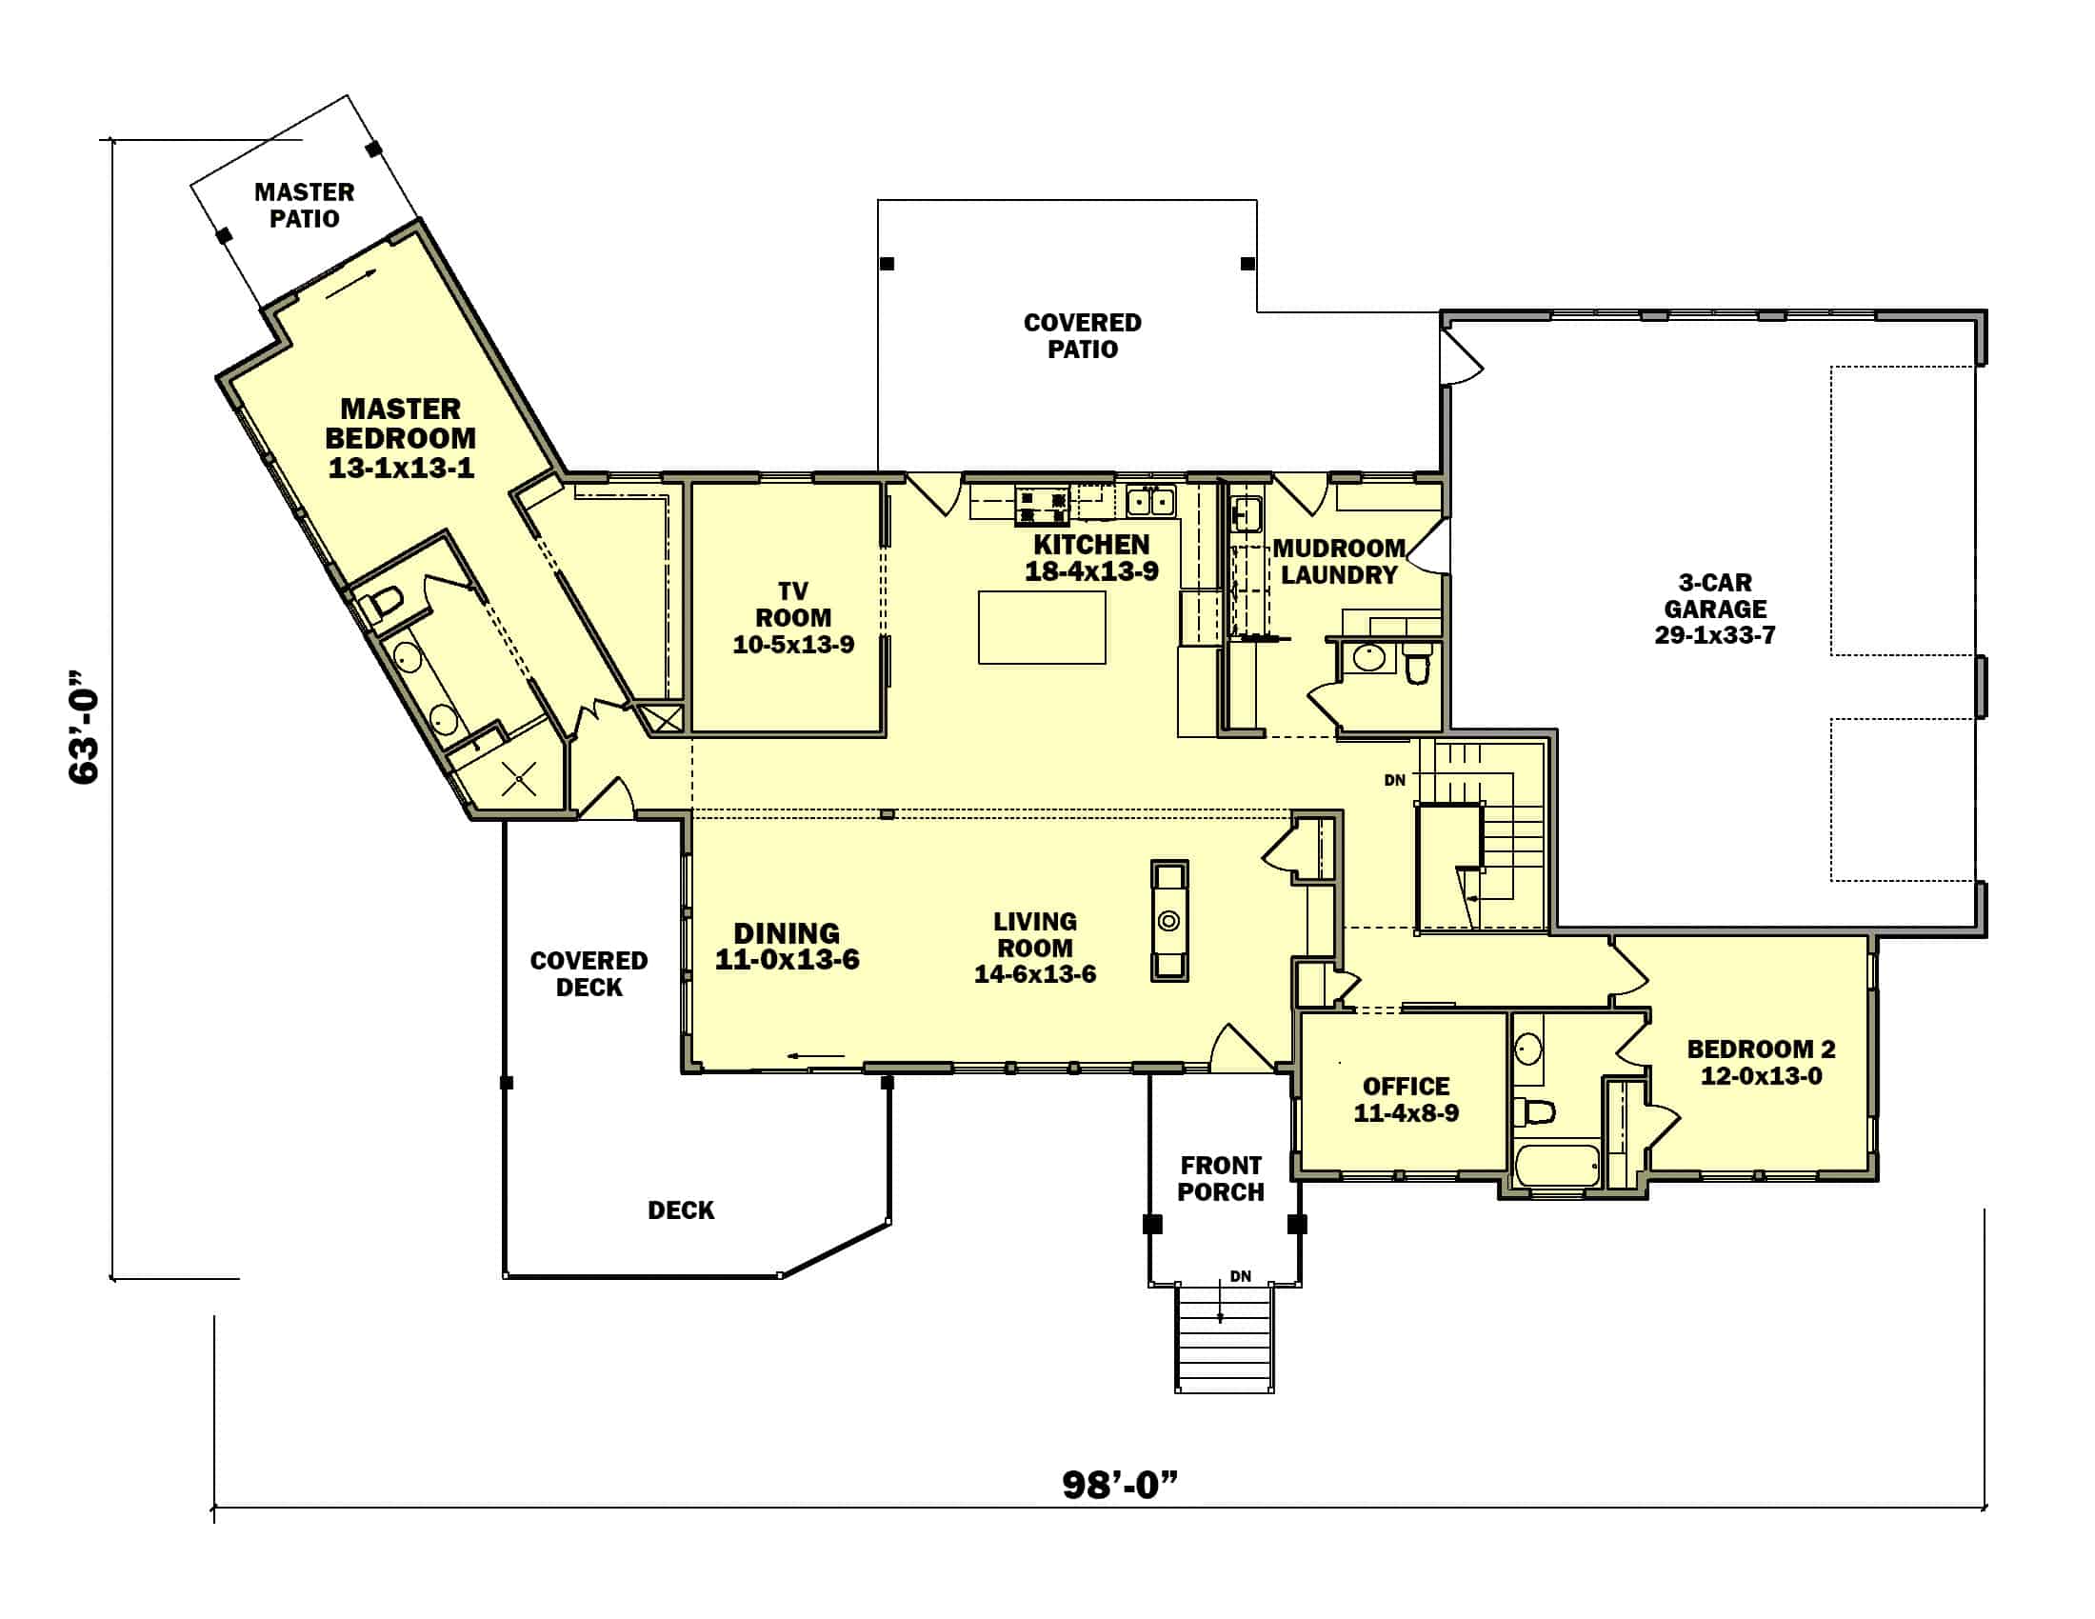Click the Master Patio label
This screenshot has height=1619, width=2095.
tap(304, 206)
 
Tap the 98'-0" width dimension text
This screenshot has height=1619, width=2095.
tap(1120, 1485)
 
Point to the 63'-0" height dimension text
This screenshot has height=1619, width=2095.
tap(85, 727)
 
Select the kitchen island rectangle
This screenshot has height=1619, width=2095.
tap(1042, 628)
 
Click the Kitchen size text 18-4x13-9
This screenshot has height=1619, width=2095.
tap(1091, 571)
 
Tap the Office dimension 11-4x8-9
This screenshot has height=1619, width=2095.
tap(1407, 1113)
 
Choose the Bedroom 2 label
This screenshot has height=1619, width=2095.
tap(1761, 1049)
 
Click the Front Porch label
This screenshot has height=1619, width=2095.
tap(1221, 1179)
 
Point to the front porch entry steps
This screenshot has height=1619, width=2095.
tap(1225, 1339)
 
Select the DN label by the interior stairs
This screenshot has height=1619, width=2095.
tap(1395, 781)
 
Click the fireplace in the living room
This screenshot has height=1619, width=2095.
tap(1169, 921)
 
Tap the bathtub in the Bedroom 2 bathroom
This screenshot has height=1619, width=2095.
tap(1557, 1166)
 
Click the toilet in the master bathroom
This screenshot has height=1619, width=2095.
tap(381, 603)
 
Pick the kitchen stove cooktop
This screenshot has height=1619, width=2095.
tap(1043, 506)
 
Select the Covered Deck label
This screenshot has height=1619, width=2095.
tap(589, 974)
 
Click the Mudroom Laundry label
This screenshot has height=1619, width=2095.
tap(1339, 561)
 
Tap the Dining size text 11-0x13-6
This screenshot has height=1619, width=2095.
tap(788, 960)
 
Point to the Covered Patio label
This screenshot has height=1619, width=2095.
tap(1083, 335)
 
